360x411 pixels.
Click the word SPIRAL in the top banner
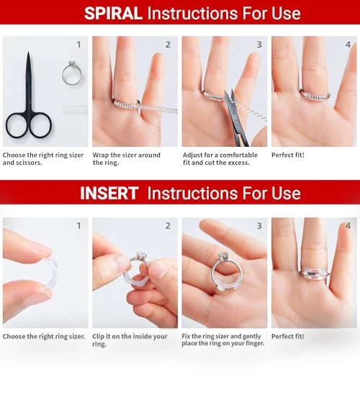point(113,14)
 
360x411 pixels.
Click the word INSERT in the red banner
point(109,194)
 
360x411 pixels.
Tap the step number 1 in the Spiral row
point(78,45)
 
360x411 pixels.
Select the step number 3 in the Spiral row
point(259,45)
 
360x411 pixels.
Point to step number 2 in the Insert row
point(168,226)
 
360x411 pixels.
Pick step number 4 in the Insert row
point(348,226)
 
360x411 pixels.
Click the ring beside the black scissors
point(71,73)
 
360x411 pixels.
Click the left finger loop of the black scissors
point(17,125)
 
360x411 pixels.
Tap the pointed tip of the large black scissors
point(28,53)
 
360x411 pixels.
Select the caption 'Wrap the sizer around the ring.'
point(127,158)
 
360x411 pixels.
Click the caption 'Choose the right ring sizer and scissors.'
point(43,158)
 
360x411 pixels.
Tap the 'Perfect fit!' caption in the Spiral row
point(288,155)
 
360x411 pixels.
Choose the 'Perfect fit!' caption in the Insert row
point(288,336)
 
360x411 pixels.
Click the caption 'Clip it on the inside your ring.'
point(130,340)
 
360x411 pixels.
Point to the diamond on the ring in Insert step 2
point(139,254)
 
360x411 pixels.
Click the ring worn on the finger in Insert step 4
point(314,274)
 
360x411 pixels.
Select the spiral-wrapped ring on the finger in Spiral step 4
point(315,95)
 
